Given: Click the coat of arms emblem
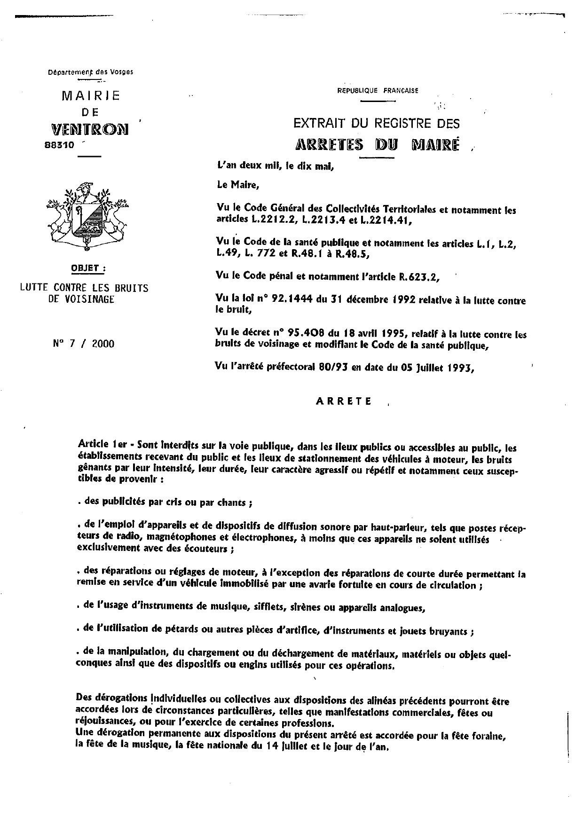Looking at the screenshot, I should coord(87,214).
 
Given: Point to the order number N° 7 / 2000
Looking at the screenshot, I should coord(84,344).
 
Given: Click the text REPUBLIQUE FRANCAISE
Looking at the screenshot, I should coord(378,91).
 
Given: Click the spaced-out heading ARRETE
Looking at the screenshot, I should coord(344,401).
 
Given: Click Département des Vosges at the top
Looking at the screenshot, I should coord(91,72).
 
